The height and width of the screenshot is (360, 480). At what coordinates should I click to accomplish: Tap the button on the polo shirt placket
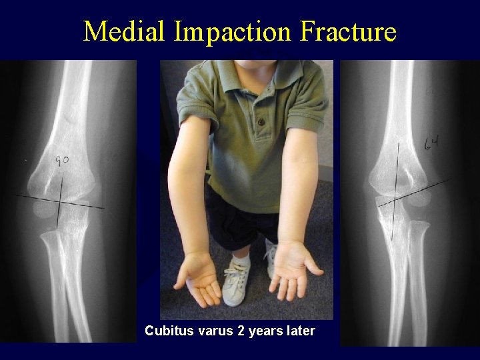(x=261, y=123)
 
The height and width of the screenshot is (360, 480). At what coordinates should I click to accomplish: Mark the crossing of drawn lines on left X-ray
(x=61, y=201)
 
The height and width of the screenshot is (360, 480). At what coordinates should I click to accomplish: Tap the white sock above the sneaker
(x=241, y=256)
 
